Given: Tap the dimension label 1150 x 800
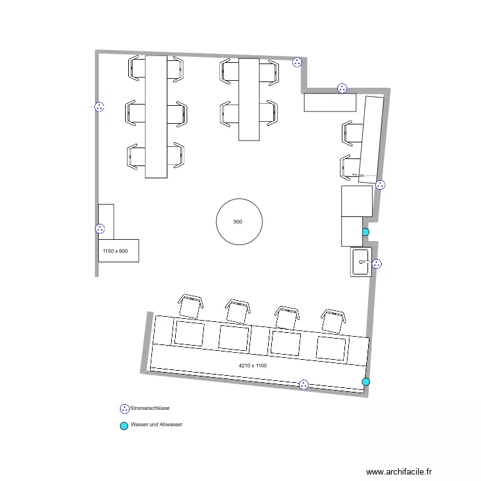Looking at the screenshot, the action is pos(115,251).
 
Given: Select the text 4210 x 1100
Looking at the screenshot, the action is pos(253,366).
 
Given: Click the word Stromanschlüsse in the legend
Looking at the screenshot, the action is pos(149,408).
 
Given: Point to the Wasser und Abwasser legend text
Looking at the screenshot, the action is pos(156,425).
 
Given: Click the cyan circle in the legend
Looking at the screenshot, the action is pos(124,426).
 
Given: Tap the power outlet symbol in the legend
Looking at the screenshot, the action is pos(124,409).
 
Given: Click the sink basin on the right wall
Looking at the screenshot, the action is pos(360,262).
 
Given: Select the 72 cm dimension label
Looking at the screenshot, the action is pos(358,176).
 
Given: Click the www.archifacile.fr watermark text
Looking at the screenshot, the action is pos(399,471).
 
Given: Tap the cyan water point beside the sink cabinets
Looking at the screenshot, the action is pos(366,232).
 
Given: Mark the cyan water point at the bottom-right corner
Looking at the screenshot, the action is pos(366,382).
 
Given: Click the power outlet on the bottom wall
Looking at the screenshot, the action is pos(304,384).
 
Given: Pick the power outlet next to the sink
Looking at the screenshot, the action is pos(376,264).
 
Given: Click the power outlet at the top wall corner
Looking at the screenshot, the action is pos(297,62).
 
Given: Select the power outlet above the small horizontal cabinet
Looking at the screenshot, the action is pos(342,89).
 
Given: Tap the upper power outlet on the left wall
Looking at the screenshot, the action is pos(99,106).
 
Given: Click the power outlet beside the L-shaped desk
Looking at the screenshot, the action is pos(99,228).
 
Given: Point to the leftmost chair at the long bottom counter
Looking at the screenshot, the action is pos(190,306).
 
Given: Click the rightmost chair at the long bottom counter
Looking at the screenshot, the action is pos(333,321).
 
